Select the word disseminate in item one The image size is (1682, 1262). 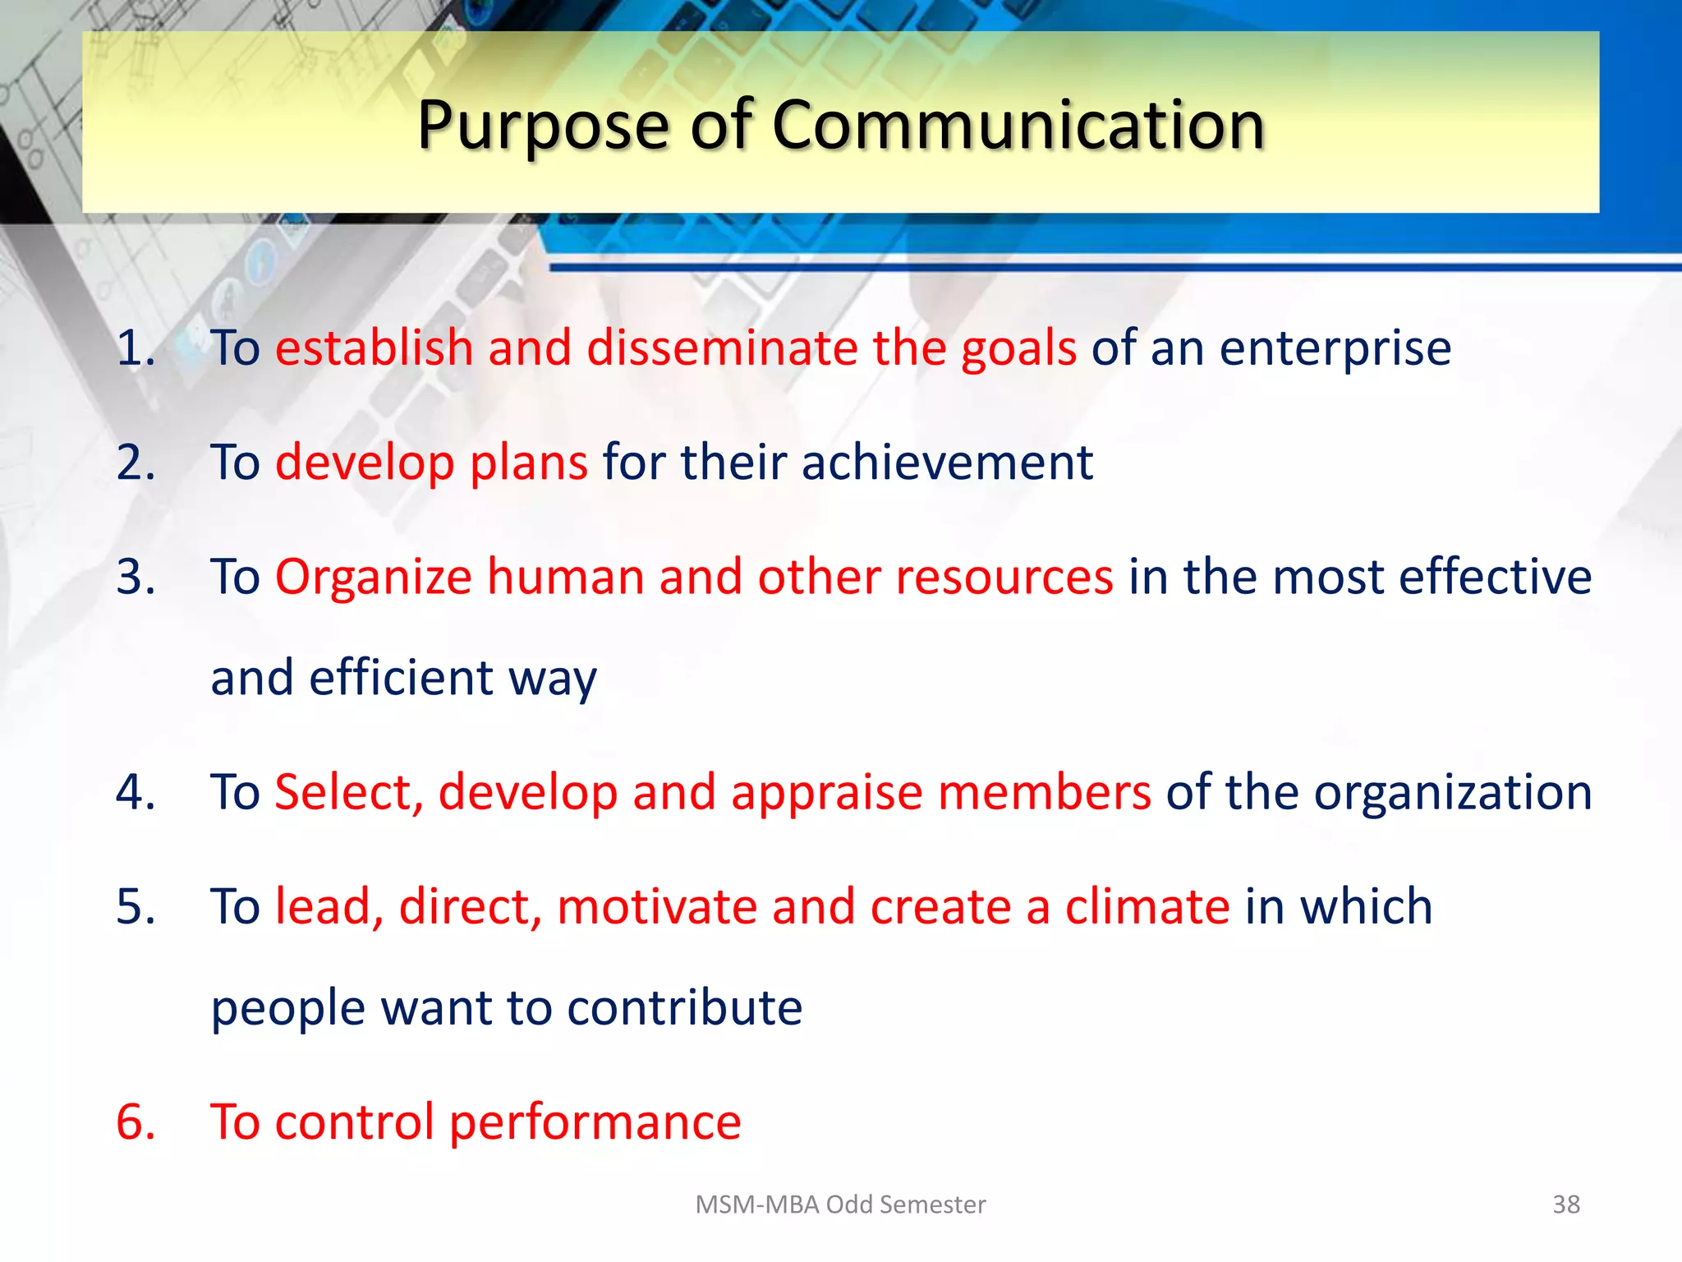click(x=722, y=348)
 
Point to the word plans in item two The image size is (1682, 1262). click(x=528, y=463)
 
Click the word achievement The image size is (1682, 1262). click(x=947, y=462)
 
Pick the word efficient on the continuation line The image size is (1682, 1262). click(x=401, y=678)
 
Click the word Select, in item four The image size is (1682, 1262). click(x=348, y=793)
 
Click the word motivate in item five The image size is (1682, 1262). click(x=656, y=907)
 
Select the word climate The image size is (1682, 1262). click(x=1147, y=907)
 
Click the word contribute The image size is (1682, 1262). click(x=684, y=1008)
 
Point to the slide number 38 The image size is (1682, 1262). click(x=1565, y=1204)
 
